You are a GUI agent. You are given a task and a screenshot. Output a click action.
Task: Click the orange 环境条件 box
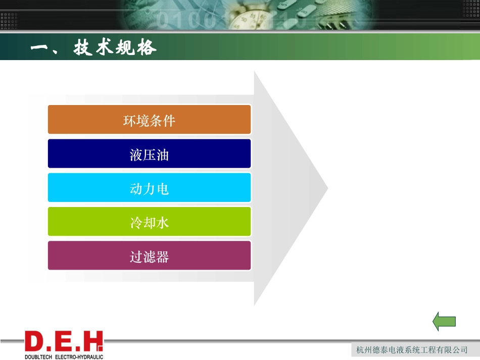149,120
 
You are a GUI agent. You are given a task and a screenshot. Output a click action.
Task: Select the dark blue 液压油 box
149,153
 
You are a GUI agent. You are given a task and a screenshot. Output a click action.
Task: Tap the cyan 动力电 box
149,188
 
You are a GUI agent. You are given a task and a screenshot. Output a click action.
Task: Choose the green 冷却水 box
149,222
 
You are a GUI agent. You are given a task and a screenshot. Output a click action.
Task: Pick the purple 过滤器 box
149,256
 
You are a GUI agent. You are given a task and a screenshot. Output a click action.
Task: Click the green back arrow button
444,322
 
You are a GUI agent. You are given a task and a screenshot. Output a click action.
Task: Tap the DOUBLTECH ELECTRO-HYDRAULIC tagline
64,356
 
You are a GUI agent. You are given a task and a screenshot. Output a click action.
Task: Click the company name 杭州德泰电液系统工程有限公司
412,350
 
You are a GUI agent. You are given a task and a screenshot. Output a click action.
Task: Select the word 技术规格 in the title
115,48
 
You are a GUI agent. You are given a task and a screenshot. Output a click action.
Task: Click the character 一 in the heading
39,48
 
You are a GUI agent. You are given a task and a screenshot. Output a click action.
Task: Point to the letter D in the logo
35,342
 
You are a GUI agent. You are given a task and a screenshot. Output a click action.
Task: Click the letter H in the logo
92,342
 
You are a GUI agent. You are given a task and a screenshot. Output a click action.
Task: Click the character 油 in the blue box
162,154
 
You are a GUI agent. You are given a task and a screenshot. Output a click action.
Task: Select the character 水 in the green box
162,222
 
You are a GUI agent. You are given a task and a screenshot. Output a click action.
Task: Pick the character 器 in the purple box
162,256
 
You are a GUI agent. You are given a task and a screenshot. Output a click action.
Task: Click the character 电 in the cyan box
162,188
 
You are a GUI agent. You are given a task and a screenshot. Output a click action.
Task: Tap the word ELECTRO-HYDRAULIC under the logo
78,356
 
